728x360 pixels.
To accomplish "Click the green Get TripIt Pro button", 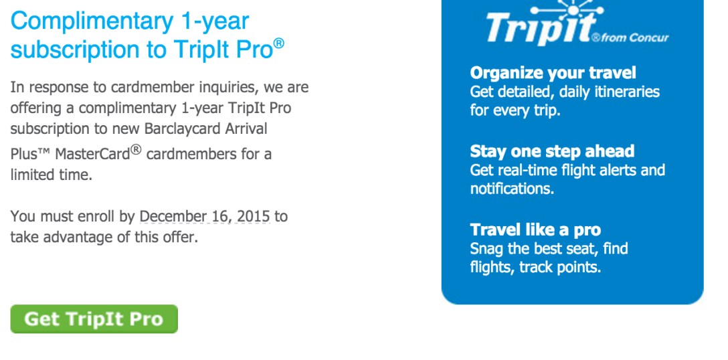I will [x=94, y=319].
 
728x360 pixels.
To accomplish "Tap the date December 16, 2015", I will [x=204, y=217].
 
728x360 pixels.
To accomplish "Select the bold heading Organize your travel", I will [x=553, y=73].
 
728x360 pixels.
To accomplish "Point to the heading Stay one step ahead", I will [x=552, y=151].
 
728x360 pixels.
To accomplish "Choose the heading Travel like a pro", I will [x=535, y=230].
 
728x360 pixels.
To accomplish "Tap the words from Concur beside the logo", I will [x=635, y=37].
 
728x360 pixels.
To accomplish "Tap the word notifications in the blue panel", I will [x=511, y=189].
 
